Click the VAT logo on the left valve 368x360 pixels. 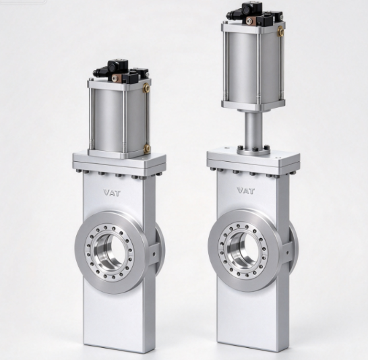click(112, 193)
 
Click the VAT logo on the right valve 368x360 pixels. click(246, 190)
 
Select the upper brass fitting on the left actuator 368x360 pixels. click(146, 88)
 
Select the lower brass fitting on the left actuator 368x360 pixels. click(147, 149)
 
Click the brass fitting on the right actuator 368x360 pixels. click(280, 32)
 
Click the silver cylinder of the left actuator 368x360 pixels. click(119, 121)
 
